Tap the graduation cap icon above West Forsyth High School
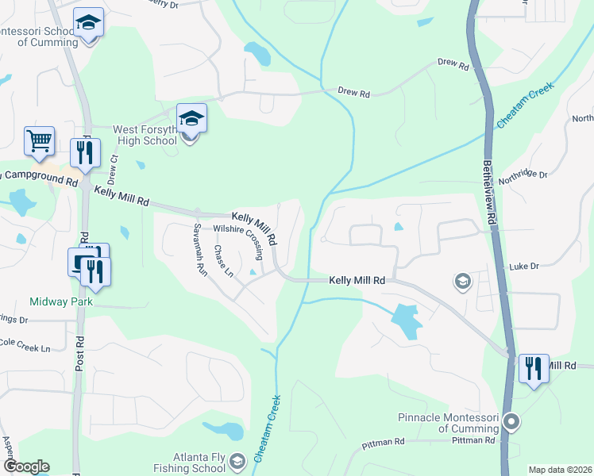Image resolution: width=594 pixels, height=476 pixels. point(191,119)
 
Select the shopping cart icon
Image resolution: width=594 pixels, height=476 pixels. point(39,141)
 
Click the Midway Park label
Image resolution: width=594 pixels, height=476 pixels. point(61,301)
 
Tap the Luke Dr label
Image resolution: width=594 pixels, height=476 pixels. point(524,267)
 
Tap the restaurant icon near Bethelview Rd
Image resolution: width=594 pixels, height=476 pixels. point(533,368)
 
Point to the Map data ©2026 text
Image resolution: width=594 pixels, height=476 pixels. point(560,469)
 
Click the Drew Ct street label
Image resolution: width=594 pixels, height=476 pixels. point(114,169)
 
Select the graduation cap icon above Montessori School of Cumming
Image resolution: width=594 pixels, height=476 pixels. point(88,23)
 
